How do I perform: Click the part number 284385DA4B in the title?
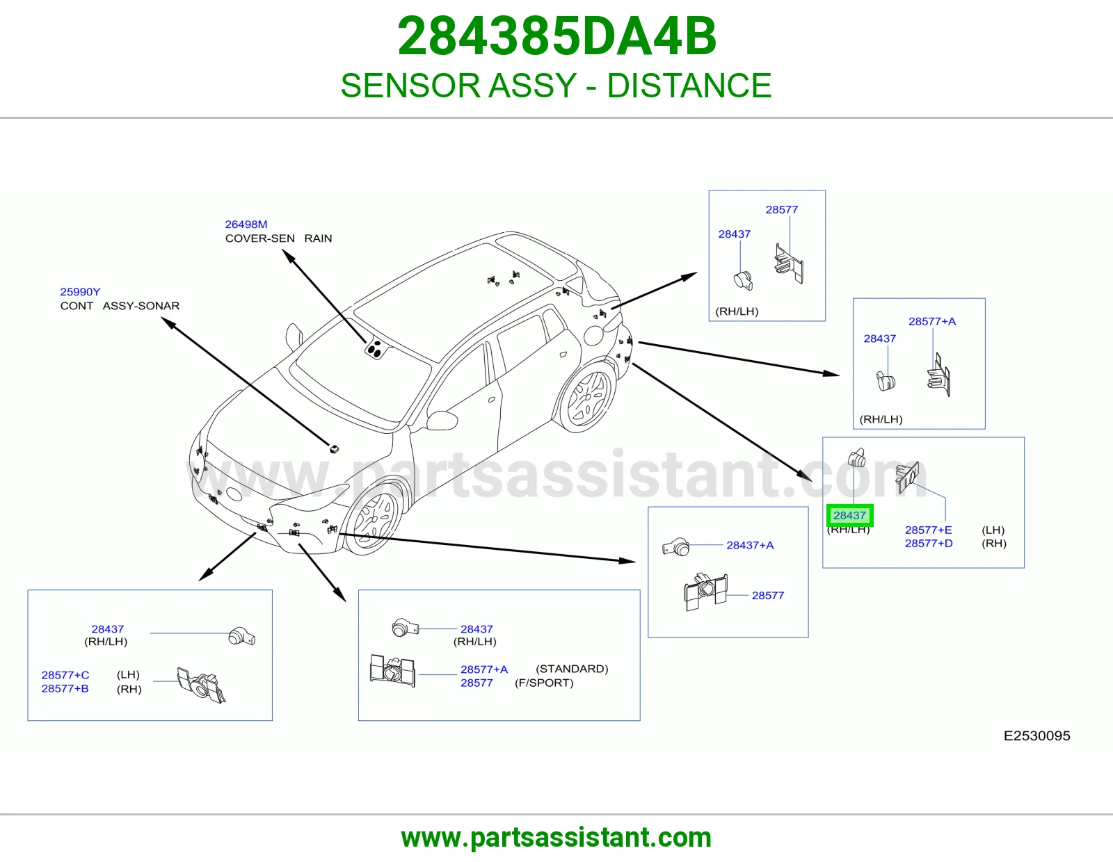(556, 36)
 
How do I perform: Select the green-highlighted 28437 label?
(850, 515)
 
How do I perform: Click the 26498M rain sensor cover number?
(246, 225)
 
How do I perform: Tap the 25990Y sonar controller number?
(80, 292)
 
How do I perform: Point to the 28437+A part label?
(750, 545)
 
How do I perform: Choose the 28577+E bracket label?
(928, 530)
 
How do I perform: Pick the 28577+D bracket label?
(929, 543)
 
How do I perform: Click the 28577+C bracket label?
(65, 675)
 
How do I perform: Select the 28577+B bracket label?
(65, 688)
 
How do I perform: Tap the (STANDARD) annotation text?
(572, 669)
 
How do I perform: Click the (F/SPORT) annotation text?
(544, 683)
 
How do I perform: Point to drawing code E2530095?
(1036, 735)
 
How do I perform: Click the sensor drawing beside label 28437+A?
(676, 547)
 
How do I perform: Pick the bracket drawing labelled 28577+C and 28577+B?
(201, 685)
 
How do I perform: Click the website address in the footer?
(556, 838)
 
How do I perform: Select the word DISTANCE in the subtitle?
(689, 86)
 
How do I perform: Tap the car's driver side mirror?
(442, 420)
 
